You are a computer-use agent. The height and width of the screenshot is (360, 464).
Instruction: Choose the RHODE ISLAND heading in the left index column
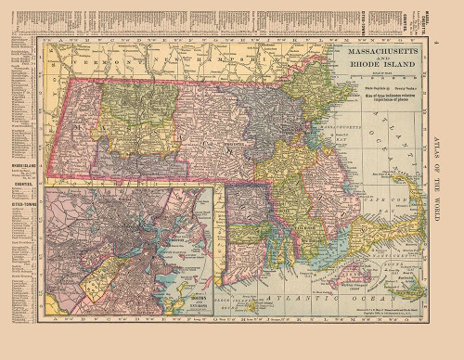22,167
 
